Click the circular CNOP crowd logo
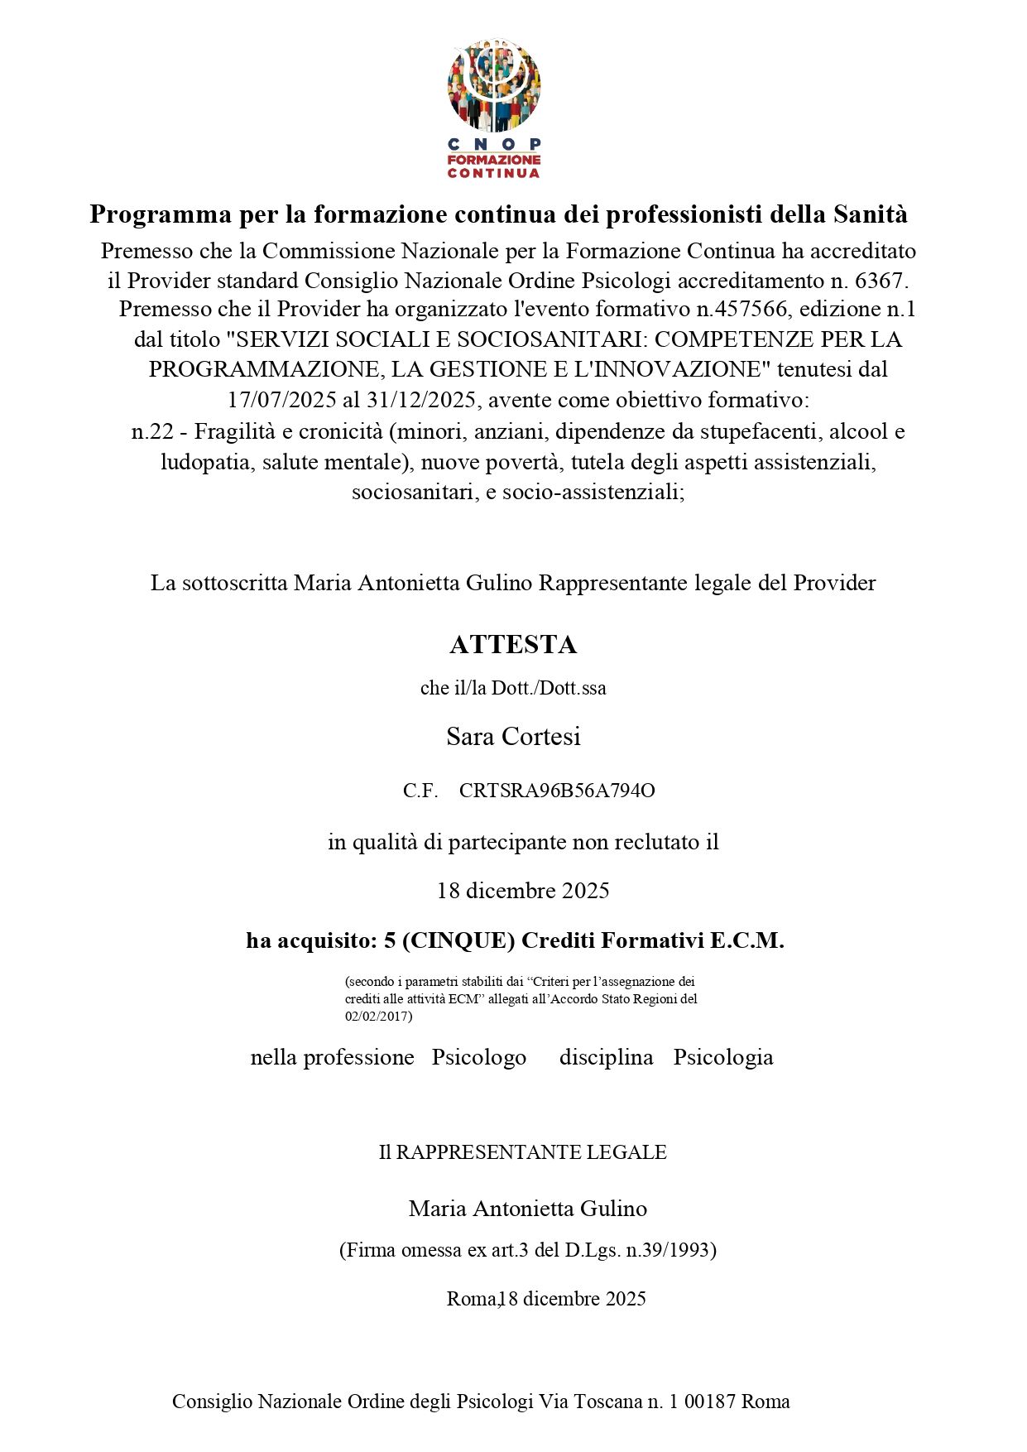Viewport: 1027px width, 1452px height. (494, 86)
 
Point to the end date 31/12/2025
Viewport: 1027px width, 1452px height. (420, 401)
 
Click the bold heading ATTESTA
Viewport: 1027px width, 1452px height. (513, 644)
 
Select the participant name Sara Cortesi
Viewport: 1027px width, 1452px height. (513, 736)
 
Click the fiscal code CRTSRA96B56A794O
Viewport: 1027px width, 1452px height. (557, 791)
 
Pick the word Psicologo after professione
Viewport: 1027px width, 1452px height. (479, 1057)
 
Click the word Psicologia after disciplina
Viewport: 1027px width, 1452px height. (723, 1057)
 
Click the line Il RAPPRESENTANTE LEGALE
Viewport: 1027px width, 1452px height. (523, 1152)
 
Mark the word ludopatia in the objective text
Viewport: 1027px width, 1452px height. (208, 462)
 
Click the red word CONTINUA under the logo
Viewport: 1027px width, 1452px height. (494, 174)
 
